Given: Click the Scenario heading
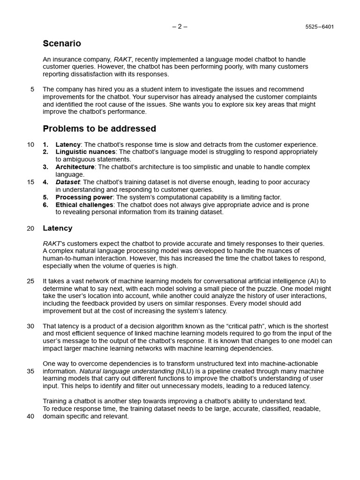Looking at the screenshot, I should coord(61,44).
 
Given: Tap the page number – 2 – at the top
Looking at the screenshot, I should coord(180,26).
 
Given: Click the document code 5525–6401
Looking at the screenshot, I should coord(320,27).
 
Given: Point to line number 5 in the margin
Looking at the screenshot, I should coord(32,89).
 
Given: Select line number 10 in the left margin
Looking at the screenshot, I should coord(30,144).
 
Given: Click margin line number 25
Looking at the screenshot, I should coord(30,281).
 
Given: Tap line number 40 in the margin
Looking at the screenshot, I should coord(30,416).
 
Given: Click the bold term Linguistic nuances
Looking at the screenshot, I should coord(85,152).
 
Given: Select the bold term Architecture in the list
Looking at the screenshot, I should coord(75,167).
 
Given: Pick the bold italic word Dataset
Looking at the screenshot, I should coord(67,182).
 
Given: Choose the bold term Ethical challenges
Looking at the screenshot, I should coord(84,205).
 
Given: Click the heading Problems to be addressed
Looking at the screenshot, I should coord(99,128).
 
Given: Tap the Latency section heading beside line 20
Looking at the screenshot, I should coord(58,228).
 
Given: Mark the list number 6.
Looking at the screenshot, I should coord(45,205).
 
